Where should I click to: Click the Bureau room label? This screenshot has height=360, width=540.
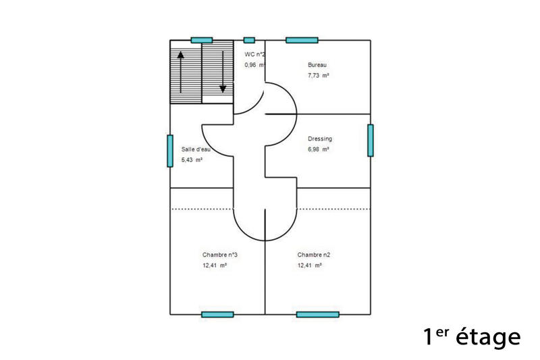click(317, 65)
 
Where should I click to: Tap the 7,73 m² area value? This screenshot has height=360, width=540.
click(318, 76)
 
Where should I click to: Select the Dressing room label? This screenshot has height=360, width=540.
click(320, 138)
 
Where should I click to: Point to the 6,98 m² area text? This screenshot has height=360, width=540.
click(318, 149)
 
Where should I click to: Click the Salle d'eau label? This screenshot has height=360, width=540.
click(196, 149)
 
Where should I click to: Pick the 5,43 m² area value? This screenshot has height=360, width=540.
click(192, 160)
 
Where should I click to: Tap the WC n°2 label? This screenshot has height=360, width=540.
click(254, 54)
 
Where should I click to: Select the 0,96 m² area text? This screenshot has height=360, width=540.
click(254, 65)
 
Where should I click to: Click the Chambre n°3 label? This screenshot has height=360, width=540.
click(219, 255)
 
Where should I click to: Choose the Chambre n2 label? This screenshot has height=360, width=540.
click(314, 255)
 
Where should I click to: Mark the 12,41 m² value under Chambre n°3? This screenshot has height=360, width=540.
click(214, 265)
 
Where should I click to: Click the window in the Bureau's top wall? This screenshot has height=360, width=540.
click(302, 40)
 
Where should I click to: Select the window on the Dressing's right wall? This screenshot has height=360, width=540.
click(371, 140)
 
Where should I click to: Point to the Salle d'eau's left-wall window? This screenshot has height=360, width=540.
click(170, 151)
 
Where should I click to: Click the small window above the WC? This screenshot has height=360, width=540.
click(249, 40)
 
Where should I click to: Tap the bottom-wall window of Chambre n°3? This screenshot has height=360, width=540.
click(217, 314)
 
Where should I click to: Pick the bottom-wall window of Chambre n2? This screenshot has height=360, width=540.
click(317, 314)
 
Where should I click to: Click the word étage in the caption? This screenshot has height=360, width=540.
click(488, 336)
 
